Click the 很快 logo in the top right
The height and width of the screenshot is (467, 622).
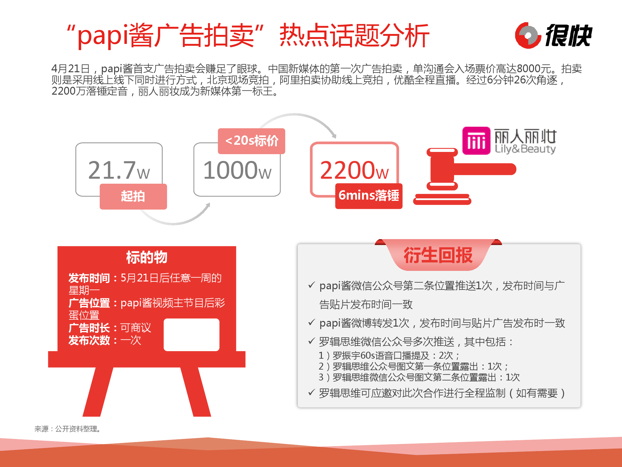(x=554, y=35)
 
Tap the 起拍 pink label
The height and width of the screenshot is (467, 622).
(x=133, y=196)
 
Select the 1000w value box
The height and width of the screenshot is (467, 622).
(x=237, y=170)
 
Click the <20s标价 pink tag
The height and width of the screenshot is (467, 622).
(x=251, y=141)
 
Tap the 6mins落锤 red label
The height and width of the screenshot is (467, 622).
(x=369, y=196)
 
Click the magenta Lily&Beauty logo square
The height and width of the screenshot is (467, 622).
(x=476, y=141)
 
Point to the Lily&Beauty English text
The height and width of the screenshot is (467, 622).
(x=525, y=149)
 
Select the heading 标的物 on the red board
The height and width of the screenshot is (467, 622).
(x=147, y=257)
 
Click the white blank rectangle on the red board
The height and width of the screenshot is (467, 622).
(x=192, y=335)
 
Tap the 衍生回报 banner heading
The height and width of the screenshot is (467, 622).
(x=438, y=255)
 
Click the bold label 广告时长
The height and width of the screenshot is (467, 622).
(x=89, y=328)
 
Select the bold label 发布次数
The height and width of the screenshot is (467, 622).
(x=89, y=340)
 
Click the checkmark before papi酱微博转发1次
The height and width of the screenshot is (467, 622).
(x=312, y=322)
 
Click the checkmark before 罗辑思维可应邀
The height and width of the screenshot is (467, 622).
(x=312, y=392)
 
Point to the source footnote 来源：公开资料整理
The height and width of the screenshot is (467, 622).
(x=67, y=429)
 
